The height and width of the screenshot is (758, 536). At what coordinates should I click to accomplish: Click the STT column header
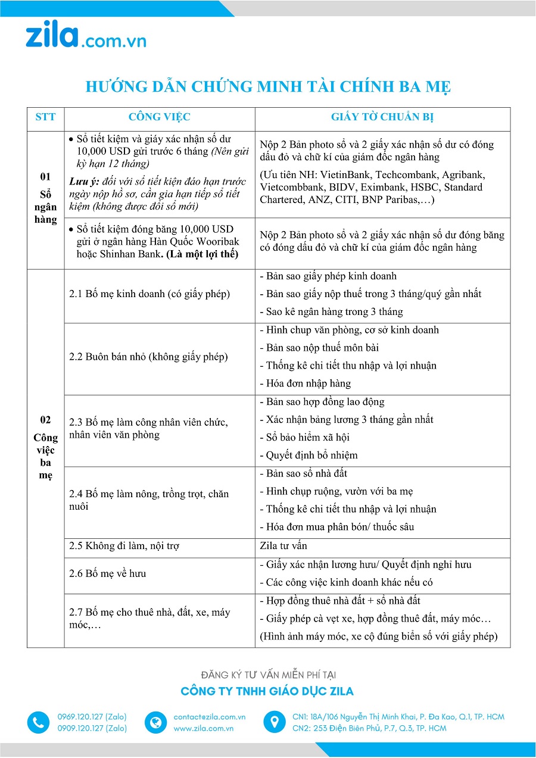[x=45, y=117]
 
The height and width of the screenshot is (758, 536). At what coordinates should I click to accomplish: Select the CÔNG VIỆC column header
[x=160, y=117]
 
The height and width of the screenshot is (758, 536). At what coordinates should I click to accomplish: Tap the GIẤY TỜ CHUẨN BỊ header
[x=382, y=117]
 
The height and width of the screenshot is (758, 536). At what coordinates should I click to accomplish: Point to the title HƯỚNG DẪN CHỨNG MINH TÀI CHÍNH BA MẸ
[x=268, y=87]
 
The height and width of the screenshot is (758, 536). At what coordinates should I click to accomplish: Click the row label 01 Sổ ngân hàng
[x=45, y=198]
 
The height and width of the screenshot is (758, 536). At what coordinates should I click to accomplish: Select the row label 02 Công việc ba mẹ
[x=45, y=448]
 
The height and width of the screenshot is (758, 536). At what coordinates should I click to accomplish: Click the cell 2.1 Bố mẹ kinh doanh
[x=149, y=294]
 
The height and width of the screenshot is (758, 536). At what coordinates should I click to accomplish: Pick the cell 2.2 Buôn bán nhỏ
[x=148, y=357]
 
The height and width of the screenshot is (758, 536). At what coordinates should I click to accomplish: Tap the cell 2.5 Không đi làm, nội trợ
[x=124, y=545]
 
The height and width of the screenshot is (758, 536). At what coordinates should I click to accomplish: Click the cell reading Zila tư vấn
[x=283, y=545]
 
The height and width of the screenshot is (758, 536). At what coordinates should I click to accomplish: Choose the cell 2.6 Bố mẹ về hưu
[x=108, y=573]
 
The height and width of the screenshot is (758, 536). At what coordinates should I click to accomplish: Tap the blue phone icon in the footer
[x=38, y=722]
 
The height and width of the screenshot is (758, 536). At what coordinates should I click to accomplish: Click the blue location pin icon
[x=275, y=722]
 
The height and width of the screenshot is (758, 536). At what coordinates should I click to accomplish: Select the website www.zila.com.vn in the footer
[x=203, y=728]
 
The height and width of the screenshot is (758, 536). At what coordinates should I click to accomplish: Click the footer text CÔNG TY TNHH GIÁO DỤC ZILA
[x=267, y=691]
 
